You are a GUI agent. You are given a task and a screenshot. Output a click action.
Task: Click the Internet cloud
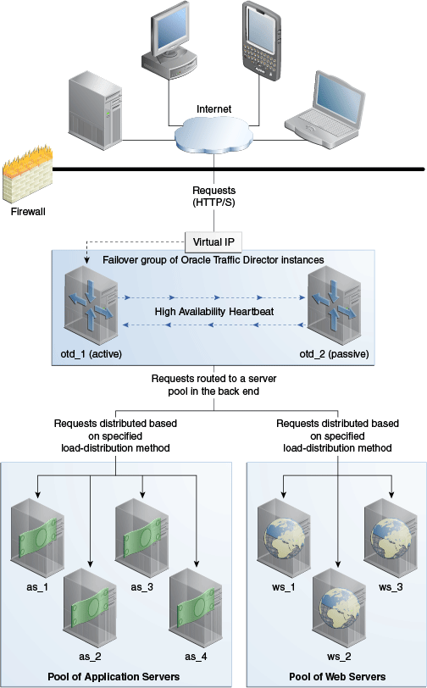213,132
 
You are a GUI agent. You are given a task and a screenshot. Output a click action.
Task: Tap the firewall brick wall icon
27,176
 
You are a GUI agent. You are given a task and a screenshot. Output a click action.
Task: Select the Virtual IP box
213,241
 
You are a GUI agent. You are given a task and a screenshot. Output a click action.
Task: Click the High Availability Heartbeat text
213,312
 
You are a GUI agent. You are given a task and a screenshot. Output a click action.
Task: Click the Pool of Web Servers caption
337,675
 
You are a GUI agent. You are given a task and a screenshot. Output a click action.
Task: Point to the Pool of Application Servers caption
117,675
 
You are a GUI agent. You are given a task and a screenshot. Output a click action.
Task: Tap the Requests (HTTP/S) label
213,197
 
